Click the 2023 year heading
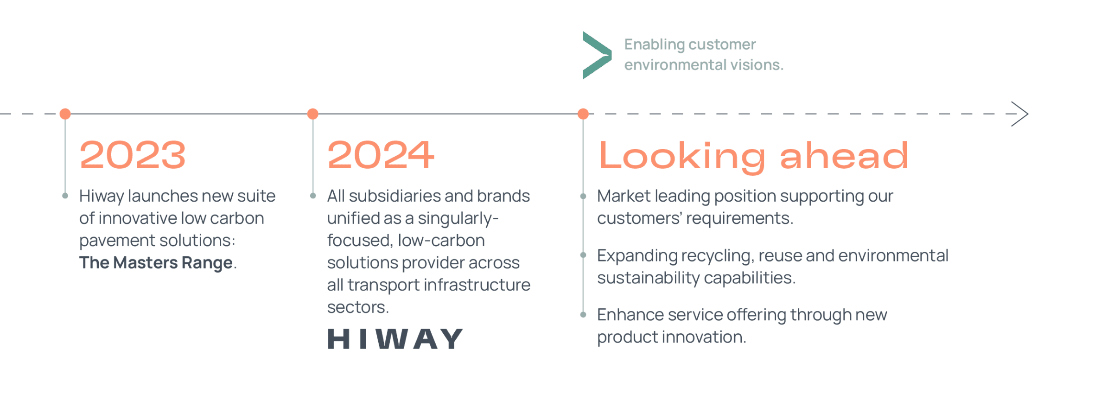(x=133, y=155)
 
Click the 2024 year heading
(x=381, y=155)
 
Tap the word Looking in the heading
(x=681, y=156)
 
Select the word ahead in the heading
(x=844, y=156)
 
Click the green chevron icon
(x=597, y=55)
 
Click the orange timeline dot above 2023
(x=65, y=114)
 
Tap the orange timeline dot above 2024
(x=313, y=114)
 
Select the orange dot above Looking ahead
(x=583, y=114)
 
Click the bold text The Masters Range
(x=156, y=263)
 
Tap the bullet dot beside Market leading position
(x=583, y=196)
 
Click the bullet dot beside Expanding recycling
(x=583, y=255)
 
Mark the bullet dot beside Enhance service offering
(x=583, y=315)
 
